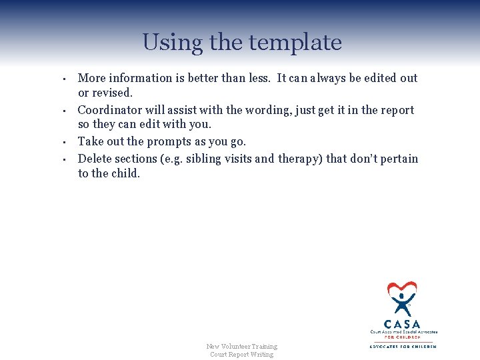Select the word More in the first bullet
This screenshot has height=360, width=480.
point(91,78)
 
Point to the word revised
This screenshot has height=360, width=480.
point(115,93)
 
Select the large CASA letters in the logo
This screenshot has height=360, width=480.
point(403,324)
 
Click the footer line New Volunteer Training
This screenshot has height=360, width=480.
point(241,346)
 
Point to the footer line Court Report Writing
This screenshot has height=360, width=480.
point(241,354)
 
